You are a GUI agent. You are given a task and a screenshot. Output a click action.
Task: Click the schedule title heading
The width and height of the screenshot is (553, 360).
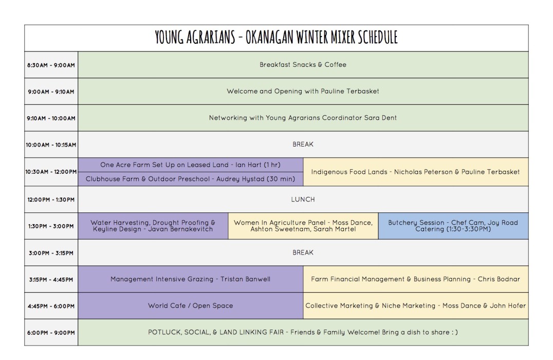tap(276, 38)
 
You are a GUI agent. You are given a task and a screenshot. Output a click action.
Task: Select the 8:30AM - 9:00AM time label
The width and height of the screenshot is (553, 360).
tap(51, 65)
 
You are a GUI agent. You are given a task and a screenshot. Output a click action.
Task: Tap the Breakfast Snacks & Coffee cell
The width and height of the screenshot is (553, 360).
tap(303, 65)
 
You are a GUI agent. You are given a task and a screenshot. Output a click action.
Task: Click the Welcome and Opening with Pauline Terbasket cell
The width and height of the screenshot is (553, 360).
tap(303, 92)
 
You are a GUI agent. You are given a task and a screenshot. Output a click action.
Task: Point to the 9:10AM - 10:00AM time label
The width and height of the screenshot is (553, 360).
tap(51, 118)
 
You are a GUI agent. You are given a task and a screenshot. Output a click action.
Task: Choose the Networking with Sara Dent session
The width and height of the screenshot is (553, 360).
tap(303, 118)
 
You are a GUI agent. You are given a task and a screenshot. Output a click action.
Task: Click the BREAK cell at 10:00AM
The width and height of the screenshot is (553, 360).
tap(303, 145)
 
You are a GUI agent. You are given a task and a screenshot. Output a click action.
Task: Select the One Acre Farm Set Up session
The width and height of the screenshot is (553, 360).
tap(191, 165)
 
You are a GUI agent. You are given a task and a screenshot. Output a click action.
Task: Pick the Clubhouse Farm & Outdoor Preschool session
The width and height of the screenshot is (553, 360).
tap(191, 179)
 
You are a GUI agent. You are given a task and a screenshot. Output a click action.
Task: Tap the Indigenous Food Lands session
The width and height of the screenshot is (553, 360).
tap(415, 172)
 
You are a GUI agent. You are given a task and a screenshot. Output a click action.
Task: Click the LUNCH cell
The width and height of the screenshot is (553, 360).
tap(303, 199)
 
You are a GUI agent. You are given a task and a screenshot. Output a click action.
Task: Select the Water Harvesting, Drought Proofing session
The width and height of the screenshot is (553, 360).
tap(153, 226)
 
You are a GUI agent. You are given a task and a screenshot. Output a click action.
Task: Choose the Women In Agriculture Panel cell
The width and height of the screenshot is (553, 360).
tap(303, 226)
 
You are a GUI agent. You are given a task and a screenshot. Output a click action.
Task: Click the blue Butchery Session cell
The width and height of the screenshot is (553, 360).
tap(453, 226)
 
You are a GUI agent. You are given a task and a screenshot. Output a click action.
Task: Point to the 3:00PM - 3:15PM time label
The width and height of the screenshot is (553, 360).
tap(51, 253)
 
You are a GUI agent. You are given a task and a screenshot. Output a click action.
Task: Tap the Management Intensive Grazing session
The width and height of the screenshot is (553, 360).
tap(191, 279)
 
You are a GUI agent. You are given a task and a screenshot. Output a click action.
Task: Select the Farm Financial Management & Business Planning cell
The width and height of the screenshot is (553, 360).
tap(415, 279)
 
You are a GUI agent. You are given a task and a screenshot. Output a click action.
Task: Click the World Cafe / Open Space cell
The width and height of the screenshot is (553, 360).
tap(191, 306)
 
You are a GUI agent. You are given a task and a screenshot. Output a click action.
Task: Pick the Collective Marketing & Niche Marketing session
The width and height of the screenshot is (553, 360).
tap(415, 306)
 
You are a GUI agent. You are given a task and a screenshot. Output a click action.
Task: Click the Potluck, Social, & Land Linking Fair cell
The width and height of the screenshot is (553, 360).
tap(303, 332)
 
